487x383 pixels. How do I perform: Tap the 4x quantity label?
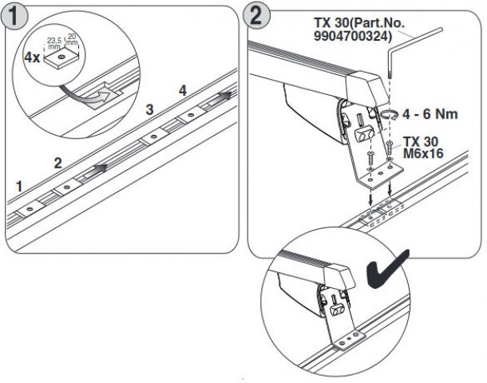[31, 58]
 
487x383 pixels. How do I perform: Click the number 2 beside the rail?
[57, 162]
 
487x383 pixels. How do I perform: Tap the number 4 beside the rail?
[183, 91]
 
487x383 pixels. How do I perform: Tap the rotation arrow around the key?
[389, 118]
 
